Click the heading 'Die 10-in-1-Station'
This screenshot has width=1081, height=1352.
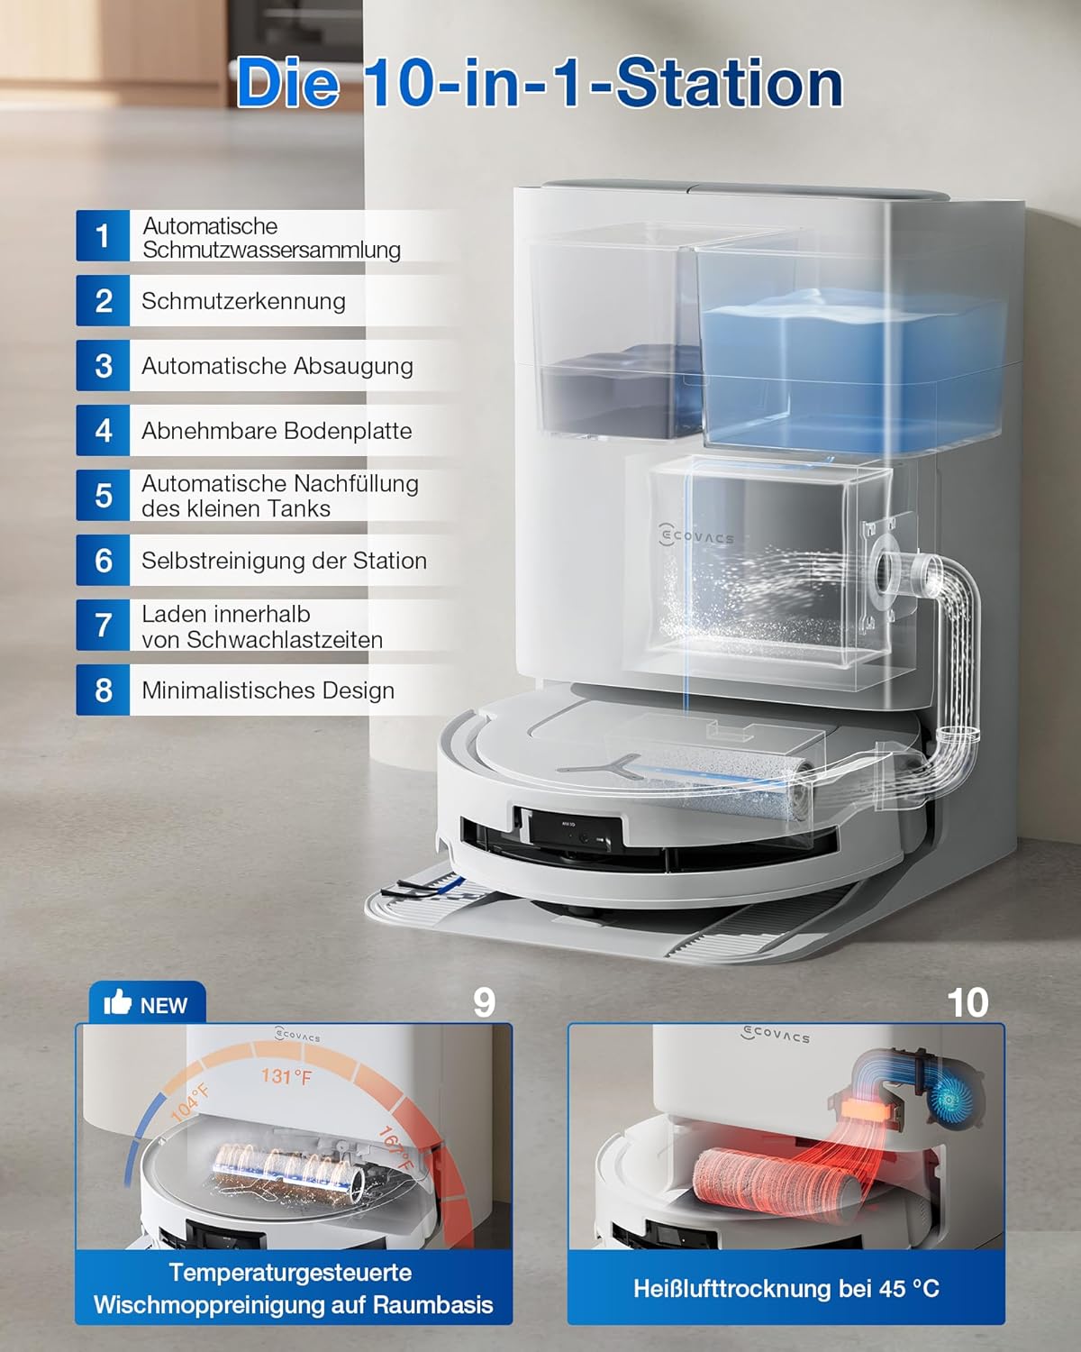pyautogui.click(x=539, y=83)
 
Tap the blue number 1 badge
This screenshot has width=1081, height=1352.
pyautogui.click(x=103, y=236)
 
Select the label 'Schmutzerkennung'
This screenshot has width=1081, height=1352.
pyautogui.click(x=243, y=301)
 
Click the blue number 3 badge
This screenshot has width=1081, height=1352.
pyautogui.click(x=103, y=366)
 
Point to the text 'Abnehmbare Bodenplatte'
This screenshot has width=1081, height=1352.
pyautogui.click(x=277, y=431)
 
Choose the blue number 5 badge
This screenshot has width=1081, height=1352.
pyautogui.click(x=103, y=496)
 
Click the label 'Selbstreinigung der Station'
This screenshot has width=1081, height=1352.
pyautogui.click(x=284, y=561)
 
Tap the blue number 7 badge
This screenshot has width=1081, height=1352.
pyautogui.click(x=103, y=626)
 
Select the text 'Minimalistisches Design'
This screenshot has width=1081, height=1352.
pyautogui.click(x=268, y=690)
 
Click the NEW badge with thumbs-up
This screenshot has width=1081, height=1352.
pyautogui.click(x=147, y=1004)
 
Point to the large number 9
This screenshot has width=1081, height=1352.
pyautogui.click(x=484, y=1002)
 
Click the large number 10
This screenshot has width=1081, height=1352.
pyautogui.click(x=967, y=1002)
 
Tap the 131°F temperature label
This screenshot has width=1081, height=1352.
pyautogui.click(x=286, y=1076)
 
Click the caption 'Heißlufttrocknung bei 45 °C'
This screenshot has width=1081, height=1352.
pyautogui.click(x=786, y=1288)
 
